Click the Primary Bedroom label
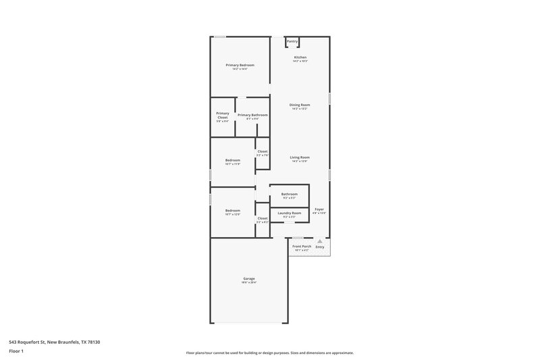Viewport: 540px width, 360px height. [240, 65]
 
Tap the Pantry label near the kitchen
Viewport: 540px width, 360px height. [292, 41]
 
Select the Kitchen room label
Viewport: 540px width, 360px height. [300, 57]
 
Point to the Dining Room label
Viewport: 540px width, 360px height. [300, 105]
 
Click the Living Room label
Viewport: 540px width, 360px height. [300, 157]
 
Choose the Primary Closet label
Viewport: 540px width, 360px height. [223, 115]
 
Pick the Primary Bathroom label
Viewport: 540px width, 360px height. [252, 115]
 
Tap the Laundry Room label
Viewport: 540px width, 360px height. [290, 213]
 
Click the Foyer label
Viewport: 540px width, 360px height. [319, 209]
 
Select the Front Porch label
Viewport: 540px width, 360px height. [301, 246]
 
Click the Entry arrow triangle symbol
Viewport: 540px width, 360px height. [320, 240]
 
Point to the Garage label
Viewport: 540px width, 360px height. [249, 278]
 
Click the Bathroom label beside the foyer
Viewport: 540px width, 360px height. [290, 194]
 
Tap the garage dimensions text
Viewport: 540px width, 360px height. [249, 282]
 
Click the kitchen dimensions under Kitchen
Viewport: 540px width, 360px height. [300, 61]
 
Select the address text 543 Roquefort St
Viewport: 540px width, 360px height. [55, 342]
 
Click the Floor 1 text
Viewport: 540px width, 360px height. [17, 351]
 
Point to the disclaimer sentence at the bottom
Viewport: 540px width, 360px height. [269, 353]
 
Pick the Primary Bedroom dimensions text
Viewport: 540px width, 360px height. [240, 69]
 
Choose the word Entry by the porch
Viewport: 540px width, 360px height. [320, 247]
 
